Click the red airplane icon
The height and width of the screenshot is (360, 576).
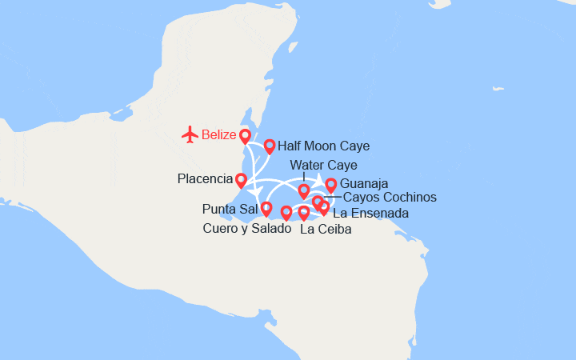point(190,134)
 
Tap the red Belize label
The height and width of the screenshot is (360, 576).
point(218,134)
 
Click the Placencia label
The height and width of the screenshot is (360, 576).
point(204,178)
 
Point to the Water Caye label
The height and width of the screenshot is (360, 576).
point(323,166)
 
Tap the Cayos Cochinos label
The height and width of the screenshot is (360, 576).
point(390,198)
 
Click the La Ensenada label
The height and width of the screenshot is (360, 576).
point(370,214)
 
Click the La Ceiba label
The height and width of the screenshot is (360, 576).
point(325,230)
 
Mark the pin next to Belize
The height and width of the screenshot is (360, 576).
point(245,136)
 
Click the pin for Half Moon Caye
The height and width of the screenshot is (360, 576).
point(270,146)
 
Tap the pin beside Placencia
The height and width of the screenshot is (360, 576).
point(241,180)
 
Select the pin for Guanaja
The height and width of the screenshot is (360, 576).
point(330,186)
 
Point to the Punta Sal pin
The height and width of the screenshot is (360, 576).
point(266,209)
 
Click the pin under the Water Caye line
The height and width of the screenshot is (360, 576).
point(304,190)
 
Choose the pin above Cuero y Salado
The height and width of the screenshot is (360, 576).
point(286,212)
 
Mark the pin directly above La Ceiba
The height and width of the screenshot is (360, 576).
point(303,212)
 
